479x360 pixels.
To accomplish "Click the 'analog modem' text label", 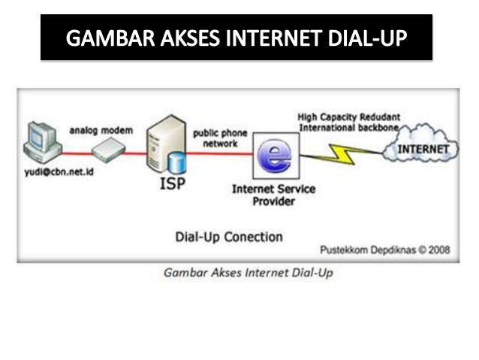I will pyautogui.click(x=101, y=130).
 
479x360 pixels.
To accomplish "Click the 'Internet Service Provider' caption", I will pyautogui.click(x=273, y=195).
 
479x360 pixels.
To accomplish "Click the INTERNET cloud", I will pyautogui.click(x=420, y=148).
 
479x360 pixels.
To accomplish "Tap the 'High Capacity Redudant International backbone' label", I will pyautogui.click(x=348, y=122).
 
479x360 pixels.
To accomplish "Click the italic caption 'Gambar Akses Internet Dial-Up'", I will pyautogui.click(x=248, y=272).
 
